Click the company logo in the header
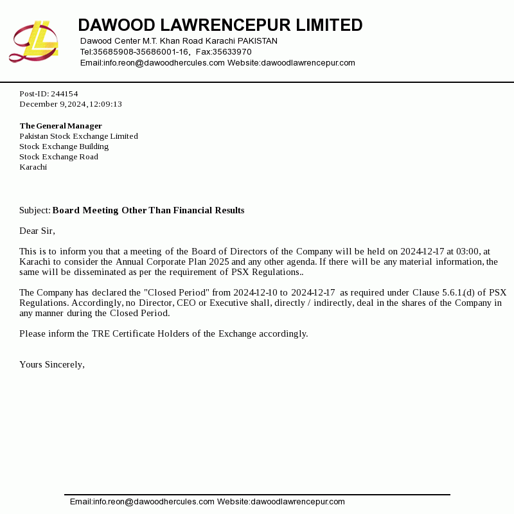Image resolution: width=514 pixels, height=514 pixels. point(33,42)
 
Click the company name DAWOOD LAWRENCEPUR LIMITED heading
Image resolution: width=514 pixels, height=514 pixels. point(220,26)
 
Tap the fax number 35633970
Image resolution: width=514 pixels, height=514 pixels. point(232,52)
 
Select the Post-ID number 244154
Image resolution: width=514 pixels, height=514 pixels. point(64,94)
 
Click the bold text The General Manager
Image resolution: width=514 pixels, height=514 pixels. point(60,126)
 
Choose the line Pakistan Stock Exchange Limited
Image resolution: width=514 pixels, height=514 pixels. point(78,136)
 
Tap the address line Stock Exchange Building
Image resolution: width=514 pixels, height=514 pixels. point(64,146)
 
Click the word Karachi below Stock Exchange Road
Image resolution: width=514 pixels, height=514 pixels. point(33,167)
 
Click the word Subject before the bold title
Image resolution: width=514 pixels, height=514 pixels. point(34,211)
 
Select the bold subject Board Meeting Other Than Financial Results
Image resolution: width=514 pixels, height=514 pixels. point(148,211)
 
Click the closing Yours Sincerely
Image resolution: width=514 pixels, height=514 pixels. point(51,365)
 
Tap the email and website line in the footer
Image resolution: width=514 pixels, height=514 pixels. point(207,502)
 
